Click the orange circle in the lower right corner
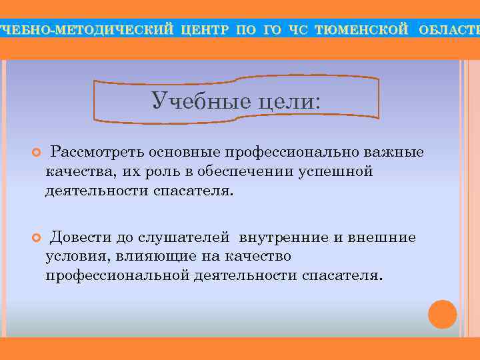pyautogui.click(x=442, y=314)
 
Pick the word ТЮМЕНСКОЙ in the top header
pyautogui.click(x=361, y=29)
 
